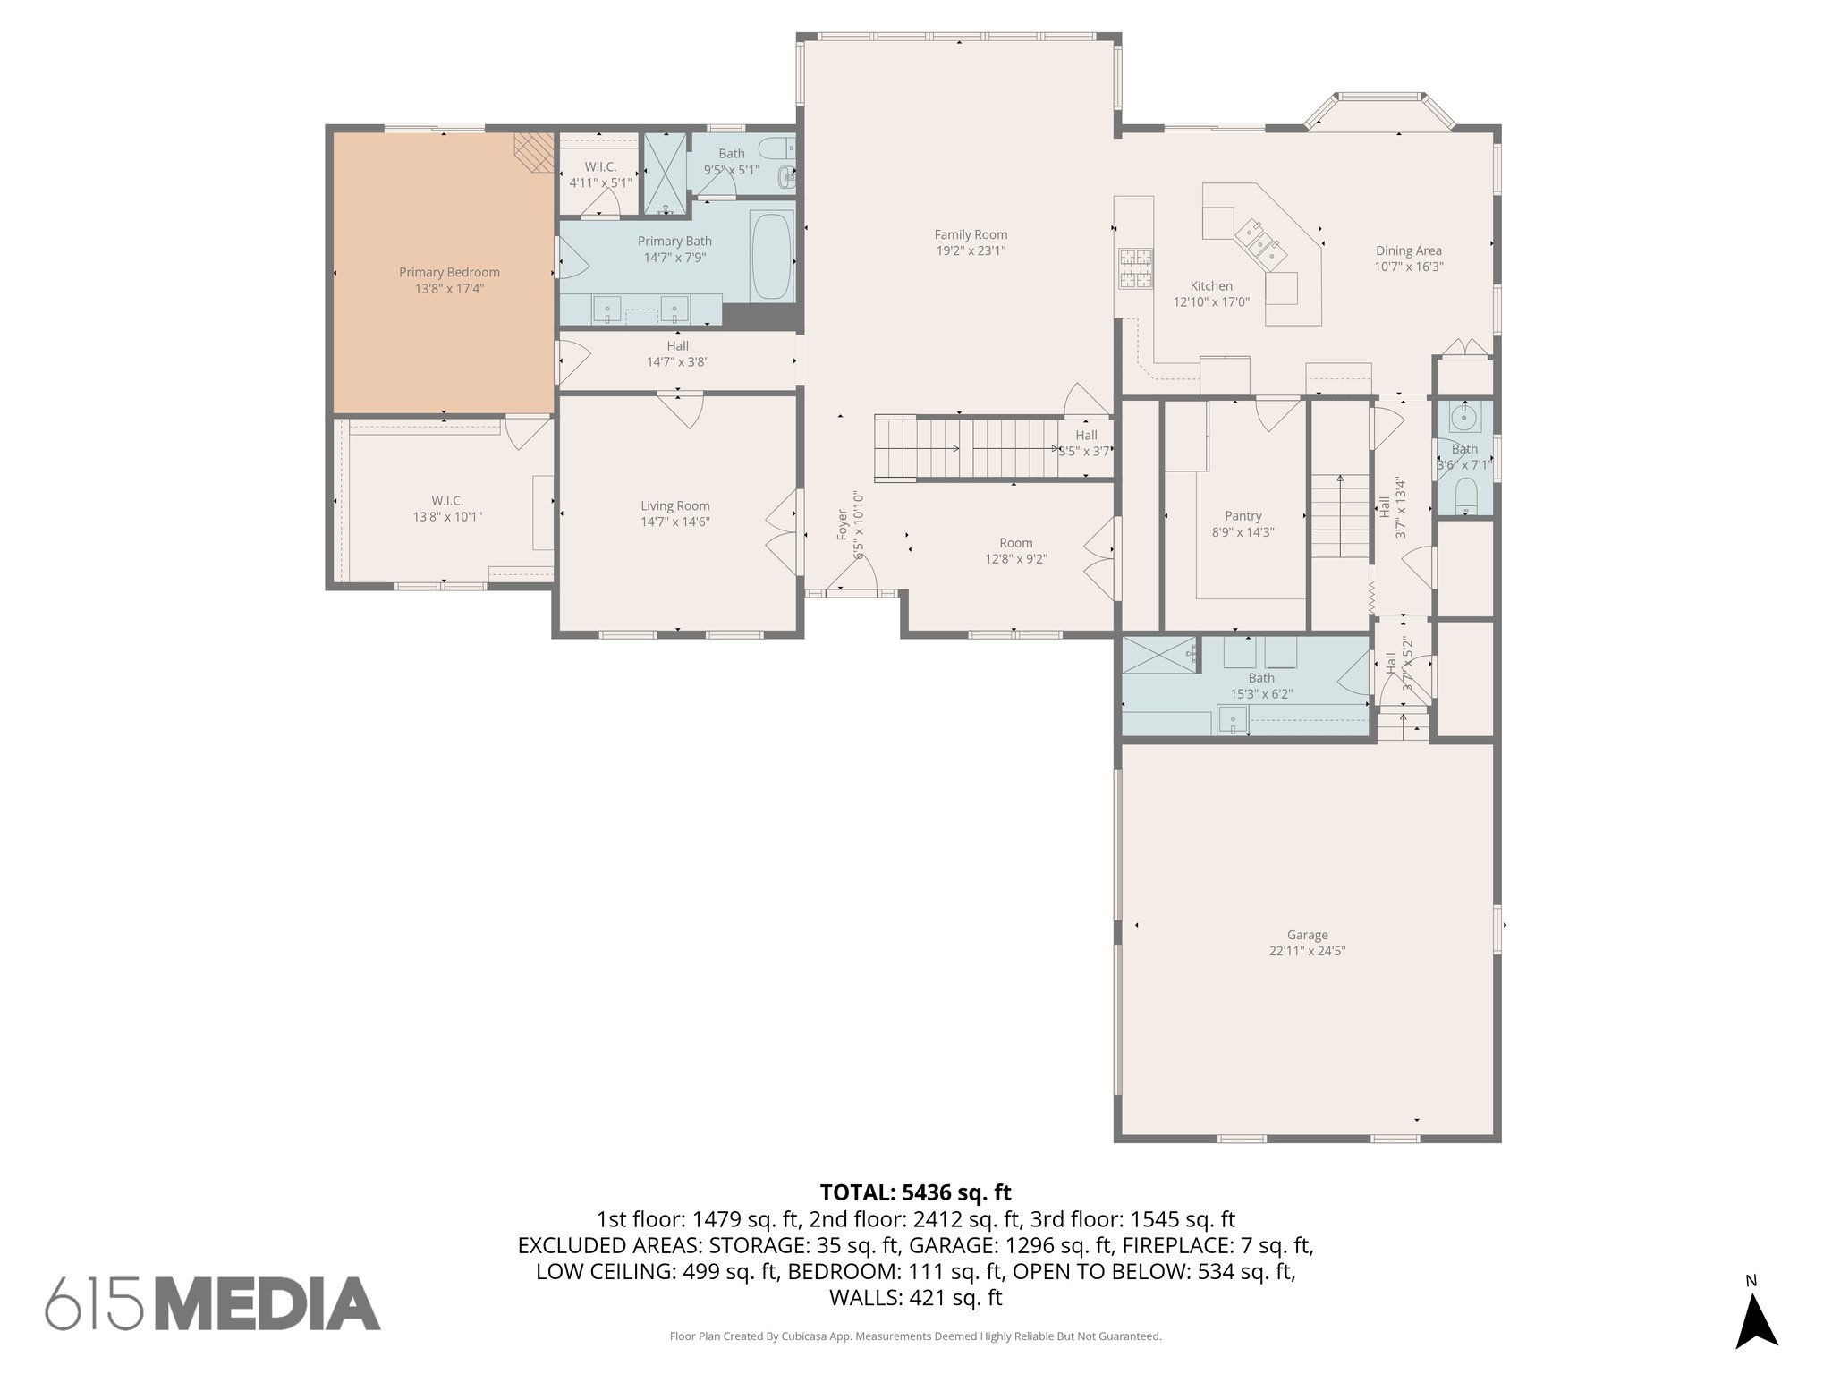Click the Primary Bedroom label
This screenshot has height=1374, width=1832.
(449, 272)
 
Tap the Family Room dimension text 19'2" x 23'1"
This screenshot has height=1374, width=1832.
(971, 251)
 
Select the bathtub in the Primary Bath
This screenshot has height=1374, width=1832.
(772, 256)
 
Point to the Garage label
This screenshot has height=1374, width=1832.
(1307, 935)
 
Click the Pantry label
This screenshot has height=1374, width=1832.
(1243, 516)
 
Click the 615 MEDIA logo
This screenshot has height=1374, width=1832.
(213, 1303)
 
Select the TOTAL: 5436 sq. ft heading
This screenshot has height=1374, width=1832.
(915, 1192)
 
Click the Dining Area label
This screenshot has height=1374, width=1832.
(1408, 251)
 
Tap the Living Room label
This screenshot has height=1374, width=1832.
(674, 506)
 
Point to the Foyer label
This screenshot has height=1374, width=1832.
(842, 525)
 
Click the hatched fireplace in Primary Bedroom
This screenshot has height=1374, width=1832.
(533, 152)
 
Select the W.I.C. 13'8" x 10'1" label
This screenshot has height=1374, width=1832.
(447, 509)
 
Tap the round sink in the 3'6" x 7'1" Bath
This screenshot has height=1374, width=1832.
(1464, 416)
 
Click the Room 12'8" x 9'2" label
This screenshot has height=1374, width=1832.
(1015, 543)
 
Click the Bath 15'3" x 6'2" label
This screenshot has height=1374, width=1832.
(1260, 678)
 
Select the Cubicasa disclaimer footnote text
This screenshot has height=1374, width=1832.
(915, 1336)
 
